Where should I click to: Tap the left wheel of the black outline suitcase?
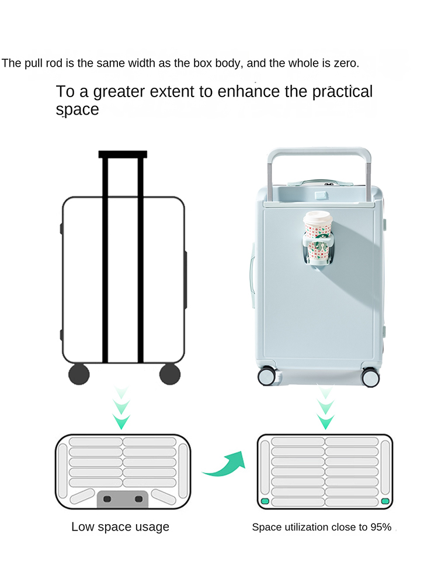tap(79, 374)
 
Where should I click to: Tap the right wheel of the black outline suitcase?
tap(170, 374)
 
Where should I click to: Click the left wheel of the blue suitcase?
tap(267, 376)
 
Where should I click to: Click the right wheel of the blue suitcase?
tap(371, 377)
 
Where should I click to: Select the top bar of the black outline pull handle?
tap(123, 154)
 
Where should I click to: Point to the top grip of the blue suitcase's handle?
tap(319, 151)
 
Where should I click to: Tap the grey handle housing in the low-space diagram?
tap(123, 499)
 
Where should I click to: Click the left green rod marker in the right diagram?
tap(265, 501)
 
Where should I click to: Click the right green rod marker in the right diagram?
tap(385, 501)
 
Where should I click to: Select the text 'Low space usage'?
tap(120, 526)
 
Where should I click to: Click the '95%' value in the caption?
tap(381, 527)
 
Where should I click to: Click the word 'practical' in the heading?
tap(342, 92)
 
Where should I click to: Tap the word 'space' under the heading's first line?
tap(78, 110)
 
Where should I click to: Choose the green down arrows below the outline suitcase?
tap(121, 408)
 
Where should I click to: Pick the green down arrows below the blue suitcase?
tap(325, 408)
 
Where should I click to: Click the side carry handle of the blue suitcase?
tap(252, 277)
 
